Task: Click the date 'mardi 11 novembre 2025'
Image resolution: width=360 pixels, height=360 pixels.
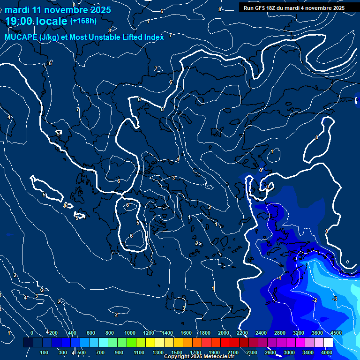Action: click(x=58, y=10)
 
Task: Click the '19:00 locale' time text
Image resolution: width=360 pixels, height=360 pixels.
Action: click(x=37, y=21)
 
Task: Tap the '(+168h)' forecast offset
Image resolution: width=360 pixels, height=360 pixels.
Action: click(x=83, y=21)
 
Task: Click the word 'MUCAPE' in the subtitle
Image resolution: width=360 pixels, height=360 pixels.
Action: click(x=21, y=37)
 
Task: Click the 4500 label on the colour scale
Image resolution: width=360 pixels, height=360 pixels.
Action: click(x=336, y=333)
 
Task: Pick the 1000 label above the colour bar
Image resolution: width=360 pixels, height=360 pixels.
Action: click(x=130, y=333)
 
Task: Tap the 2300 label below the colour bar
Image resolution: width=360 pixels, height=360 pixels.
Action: click(x=252, y=352)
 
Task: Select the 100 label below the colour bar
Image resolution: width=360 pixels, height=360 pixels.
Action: click(x=45, y=352)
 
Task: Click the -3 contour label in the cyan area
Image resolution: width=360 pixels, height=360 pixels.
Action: click(x=335, y=299)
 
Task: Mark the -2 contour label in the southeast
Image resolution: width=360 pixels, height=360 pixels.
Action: click(x=315, y=300)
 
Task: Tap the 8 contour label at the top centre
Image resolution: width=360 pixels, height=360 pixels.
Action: click(x=220, y=9)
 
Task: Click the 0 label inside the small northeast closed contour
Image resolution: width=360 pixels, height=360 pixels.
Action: click(x=317, y=137)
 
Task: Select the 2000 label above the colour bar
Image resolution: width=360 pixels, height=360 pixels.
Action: click(x=224, y=333)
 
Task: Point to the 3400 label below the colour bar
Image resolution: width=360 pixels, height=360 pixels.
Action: click(x=308, y=352)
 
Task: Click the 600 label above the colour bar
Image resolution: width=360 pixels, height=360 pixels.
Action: click(x=91, y=333)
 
